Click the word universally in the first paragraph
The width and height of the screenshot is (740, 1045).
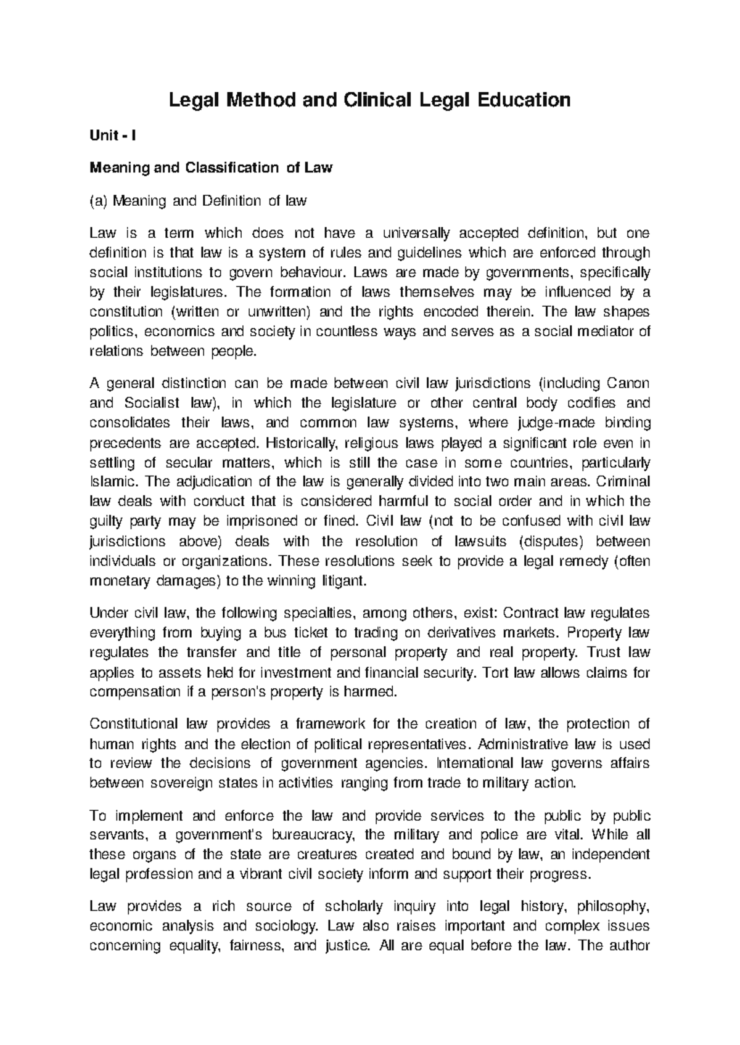(416, 233)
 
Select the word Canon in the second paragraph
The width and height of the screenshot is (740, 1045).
(628, 383)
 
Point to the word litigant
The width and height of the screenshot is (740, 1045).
(345, 581)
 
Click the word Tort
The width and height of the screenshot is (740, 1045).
(493, 672)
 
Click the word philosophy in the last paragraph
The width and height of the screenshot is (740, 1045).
(613, 906)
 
